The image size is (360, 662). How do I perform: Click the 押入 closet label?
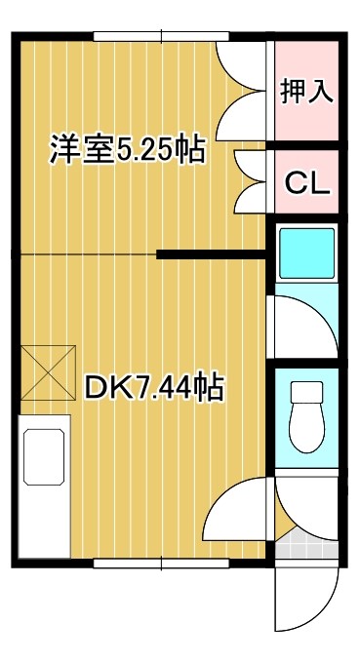[x=307, y=91]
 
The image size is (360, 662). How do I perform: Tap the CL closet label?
[x=307, y=181]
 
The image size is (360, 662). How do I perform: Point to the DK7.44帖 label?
[x=153, y=388]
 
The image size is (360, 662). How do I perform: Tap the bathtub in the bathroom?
[x=307, y=253]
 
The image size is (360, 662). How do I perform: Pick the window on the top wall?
[x=161, y=37]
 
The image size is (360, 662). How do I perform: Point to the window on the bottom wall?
[x=161, y=563]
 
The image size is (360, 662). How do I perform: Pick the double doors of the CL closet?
[x=249, y=181]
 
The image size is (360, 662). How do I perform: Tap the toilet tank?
[x=307, y=392]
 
